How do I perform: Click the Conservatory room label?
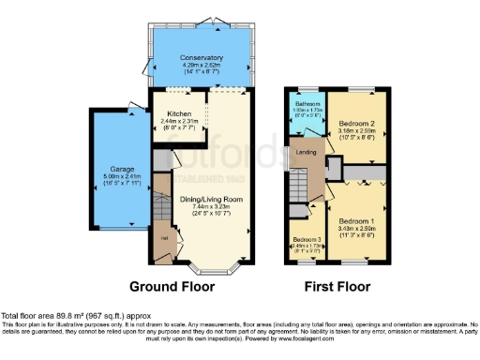point(202,57)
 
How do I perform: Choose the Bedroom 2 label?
point(357,123)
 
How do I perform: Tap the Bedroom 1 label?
point(357,220)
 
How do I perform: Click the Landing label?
point(307,151)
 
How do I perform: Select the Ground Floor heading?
point(172,287)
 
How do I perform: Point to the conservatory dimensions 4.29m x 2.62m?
point(202,65)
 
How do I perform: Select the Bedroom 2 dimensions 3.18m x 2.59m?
point(357,130)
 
